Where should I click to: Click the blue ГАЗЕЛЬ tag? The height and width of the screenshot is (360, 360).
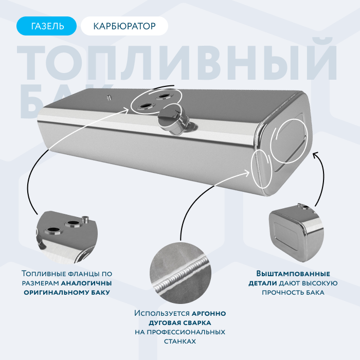point(46,26)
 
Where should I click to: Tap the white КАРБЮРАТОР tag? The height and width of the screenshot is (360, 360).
point(124,26)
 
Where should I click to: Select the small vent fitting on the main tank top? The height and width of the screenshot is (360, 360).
point(109,97)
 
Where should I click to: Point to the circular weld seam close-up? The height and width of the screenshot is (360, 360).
point(181,273)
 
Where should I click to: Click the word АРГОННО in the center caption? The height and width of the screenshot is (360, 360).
point(209,313)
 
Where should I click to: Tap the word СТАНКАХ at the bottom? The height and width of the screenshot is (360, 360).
point(180,341)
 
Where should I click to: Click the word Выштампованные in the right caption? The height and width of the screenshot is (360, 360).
point(293,274)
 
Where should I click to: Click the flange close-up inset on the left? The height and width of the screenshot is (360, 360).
point(66,237)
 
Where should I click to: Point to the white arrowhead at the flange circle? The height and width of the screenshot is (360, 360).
point(127,110)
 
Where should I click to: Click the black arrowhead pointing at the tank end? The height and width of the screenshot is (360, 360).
point(316,154)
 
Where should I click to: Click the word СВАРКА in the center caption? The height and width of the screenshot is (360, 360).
point(197,323)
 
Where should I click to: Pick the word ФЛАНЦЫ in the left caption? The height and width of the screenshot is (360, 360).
point(83,274)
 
